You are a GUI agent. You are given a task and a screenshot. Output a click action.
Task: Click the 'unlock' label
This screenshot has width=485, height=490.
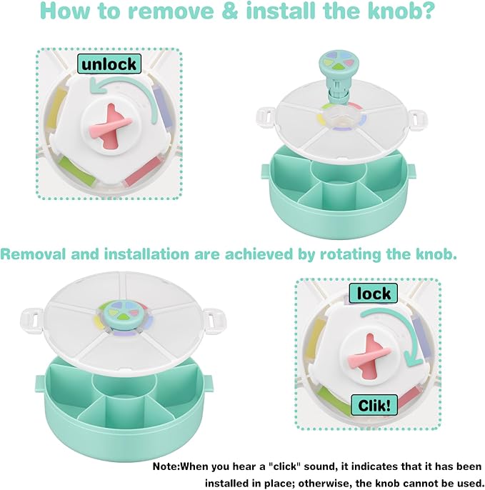click(x=109, y=64)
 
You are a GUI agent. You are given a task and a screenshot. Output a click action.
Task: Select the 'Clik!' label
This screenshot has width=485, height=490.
click(x=375, y=405)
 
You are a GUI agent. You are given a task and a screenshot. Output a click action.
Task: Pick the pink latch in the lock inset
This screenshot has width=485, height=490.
click(x=371, y=355)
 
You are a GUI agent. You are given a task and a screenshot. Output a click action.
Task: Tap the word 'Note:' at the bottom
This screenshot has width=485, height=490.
click(x=166, y=466)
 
